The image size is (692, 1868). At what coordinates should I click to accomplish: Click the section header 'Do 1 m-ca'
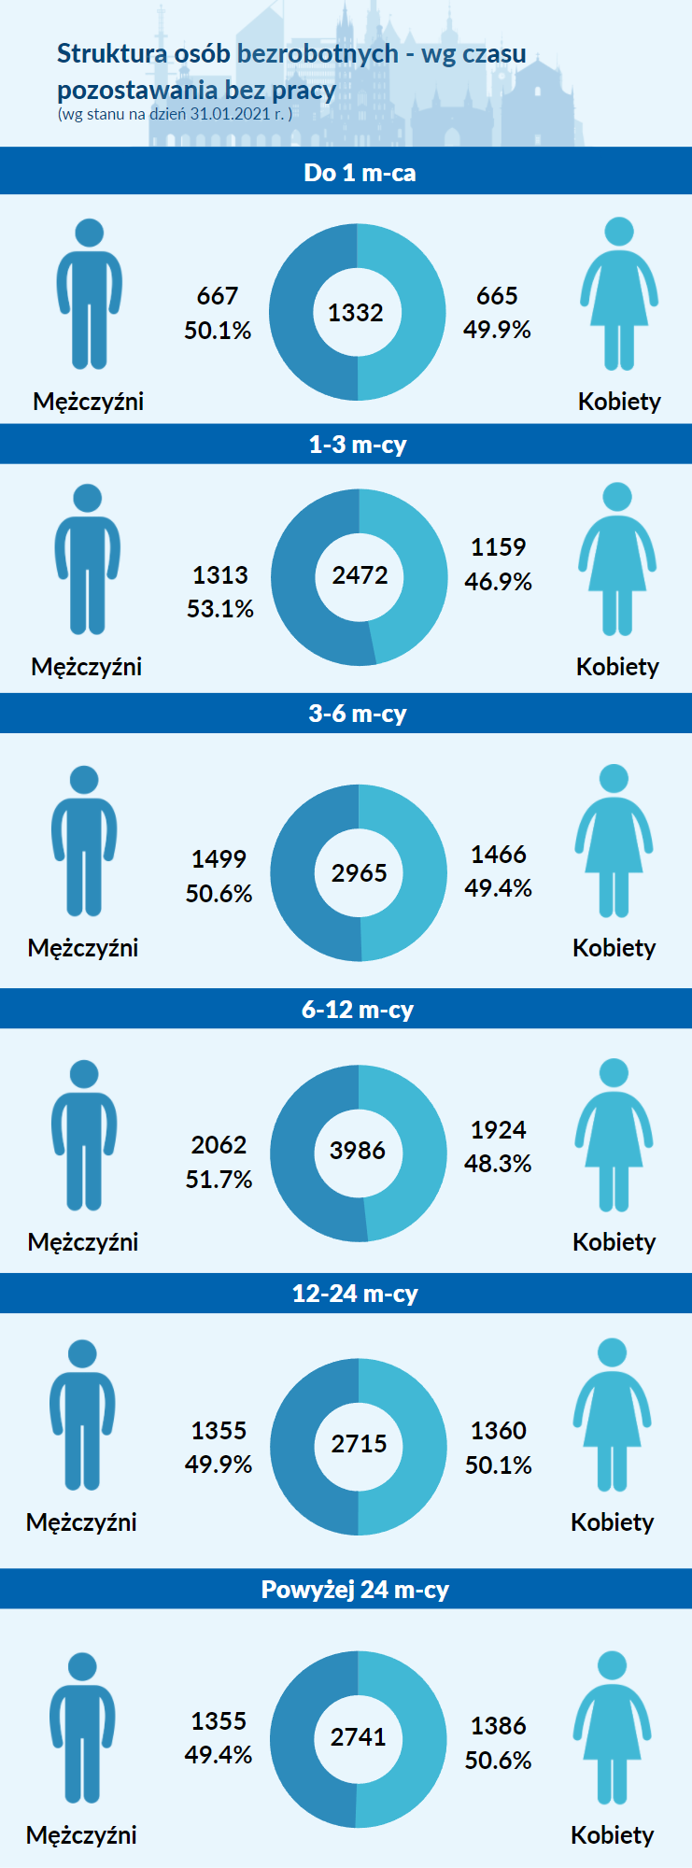point(360,173)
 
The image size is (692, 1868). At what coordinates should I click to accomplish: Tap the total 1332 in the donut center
point(356,313)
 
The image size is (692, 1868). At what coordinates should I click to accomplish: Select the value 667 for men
point(218,296)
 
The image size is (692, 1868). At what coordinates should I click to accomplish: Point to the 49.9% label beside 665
point(497,330)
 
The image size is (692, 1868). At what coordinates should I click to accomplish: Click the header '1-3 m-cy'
point(358,445)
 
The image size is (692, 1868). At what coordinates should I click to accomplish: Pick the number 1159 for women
point(498,547)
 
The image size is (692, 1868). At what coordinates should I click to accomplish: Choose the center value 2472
point(360,575)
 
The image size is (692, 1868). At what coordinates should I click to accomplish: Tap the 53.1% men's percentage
point(220,609)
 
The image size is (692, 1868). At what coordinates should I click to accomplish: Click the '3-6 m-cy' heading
point(358,714)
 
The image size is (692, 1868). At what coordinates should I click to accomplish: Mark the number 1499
point(219,859)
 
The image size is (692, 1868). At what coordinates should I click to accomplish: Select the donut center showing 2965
point(359,873)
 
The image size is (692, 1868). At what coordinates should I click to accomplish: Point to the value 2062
point(219,1145)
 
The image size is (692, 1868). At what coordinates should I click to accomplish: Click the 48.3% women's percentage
point(498,1164)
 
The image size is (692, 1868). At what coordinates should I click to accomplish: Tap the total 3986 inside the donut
point(358,1151)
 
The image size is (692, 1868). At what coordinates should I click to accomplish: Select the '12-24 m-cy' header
point(355,1294)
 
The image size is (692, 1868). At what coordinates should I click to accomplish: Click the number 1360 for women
point(498,1431)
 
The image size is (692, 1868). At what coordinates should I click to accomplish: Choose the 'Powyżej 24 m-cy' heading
point(355,1590)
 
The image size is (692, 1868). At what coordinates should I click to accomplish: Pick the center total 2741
point(358,1737)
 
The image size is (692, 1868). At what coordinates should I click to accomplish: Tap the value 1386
point(498,1726)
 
